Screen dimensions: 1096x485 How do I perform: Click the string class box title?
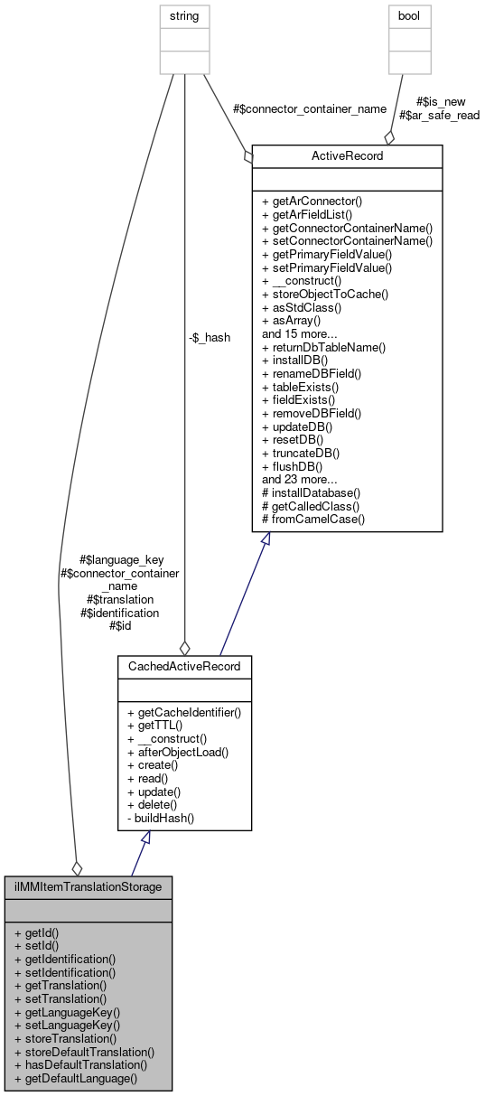[184, 15]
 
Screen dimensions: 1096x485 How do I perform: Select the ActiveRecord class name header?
[347, 155]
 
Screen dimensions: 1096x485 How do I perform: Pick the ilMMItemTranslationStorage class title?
[88, 886]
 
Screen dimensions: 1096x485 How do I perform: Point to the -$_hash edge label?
[209, 337]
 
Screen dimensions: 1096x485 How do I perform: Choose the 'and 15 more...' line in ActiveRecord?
[300, 333]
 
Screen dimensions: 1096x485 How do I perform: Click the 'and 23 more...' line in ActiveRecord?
[300, 479]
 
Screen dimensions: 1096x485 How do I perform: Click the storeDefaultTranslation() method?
[85, 1052]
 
